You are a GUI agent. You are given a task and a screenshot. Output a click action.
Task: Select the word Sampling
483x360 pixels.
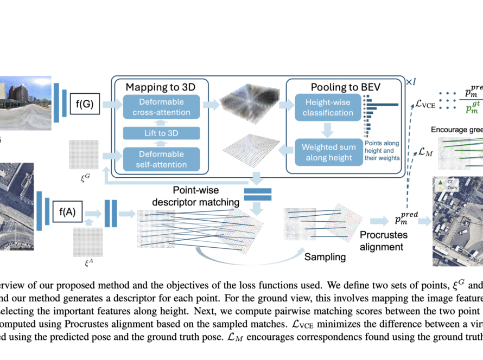point(325,256)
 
